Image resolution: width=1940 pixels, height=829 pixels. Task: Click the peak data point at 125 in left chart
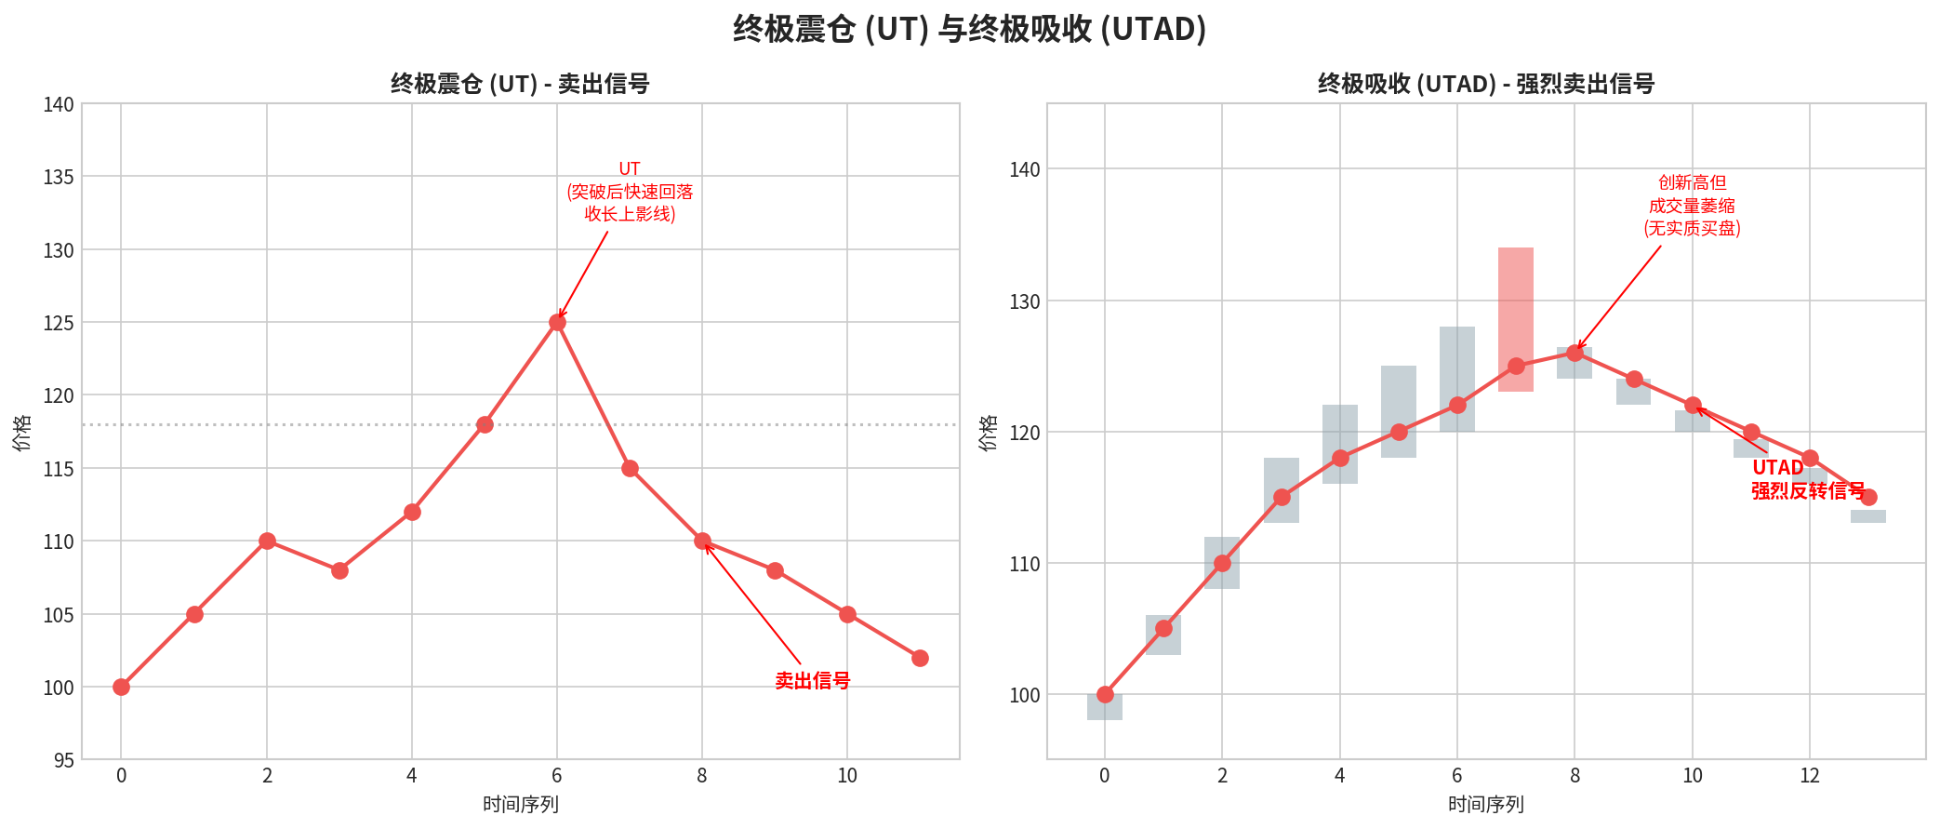click(x=557, y=323)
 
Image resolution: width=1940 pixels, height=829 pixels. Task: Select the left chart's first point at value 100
click(x=121, y=687)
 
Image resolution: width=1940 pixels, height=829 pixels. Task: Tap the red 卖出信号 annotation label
click(x=812, y=681)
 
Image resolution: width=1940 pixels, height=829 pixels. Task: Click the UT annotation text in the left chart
click(x=630, y=192)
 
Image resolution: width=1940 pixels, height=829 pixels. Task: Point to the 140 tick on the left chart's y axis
click(x=59, y=104)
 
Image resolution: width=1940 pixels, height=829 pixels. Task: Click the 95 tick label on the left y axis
click(x=63, y=760)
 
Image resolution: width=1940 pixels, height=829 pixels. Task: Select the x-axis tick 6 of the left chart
click(x=557, y=776)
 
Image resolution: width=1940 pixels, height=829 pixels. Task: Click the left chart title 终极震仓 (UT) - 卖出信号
click(x=520, y=84)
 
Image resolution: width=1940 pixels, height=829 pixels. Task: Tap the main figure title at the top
click(x=969, y=29)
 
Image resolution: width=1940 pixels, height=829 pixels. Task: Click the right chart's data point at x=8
click(x=1575, y=353)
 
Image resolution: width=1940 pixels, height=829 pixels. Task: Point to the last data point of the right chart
click(x=1868, y=497)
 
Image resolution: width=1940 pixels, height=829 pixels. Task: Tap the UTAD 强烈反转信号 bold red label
click(x=1807, y=479)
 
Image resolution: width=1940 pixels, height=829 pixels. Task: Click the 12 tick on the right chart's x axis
click(x=1810, y=776)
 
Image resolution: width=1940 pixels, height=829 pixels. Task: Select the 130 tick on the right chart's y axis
click(x=1025, y=301)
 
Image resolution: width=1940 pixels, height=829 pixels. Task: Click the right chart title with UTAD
click(x=1485, y=84)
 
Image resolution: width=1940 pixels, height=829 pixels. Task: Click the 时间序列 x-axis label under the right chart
click(x=1485, y=804)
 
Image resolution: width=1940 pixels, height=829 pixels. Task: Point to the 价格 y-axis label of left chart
click(x=22, y=433)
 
